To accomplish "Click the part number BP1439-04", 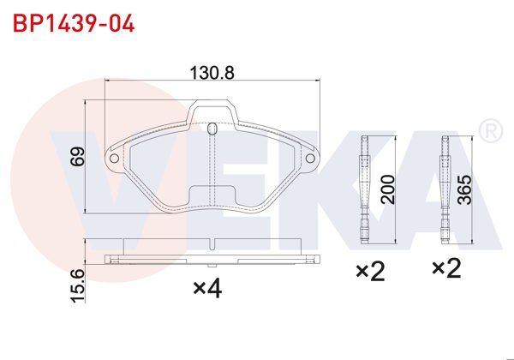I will coord(73,22).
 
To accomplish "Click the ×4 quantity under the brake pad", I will coord(207,290).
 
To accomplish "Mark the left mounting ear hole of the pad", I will coord(113,158).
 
